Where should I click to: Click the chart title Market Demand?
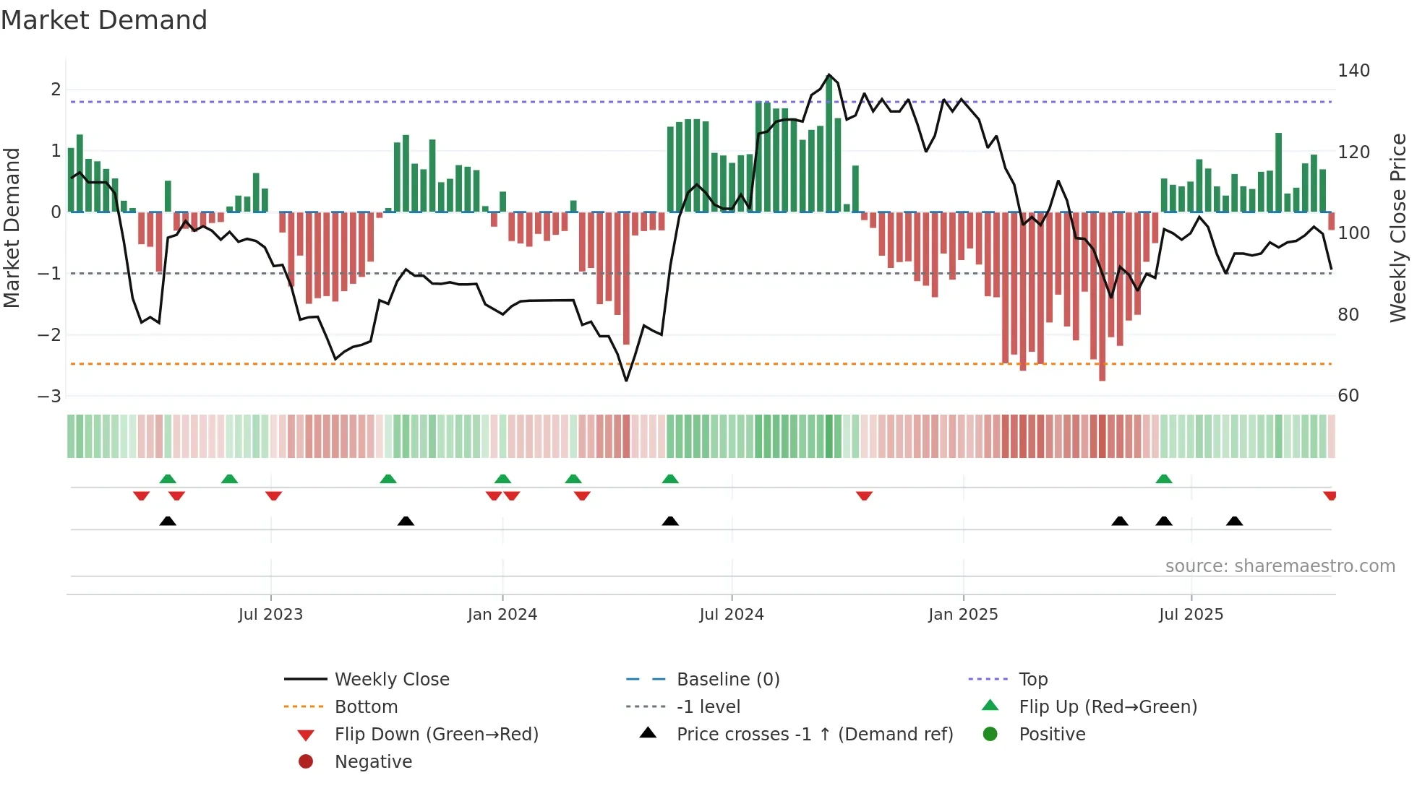pyautogui.click(x=104, y=20)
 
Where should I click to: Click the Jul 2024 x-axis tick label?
pyautogui.click(x=731, y=615)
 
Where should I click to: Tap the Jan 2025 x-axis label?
pyautogui.click(x=962, y=615)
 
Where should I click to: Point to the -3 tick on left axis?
pyautogui.click(x=50, y=397)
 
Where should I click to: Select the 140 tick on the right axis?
pyautogui.click(x=1353, y=71)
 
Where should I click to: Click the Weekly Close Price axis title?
pyautogui.click(x=1398, y=228)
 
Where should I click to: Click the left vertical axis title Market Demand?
pyautogui.click(x=12, y=228)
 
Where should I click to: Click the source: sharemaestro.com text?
pyautogui.click(x=1280, y=566)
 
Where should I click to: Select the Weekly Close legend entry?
pyautogui.click(x=391, y=680)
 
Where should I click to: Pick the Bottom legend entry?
pyautogui.click(x=366, y=707)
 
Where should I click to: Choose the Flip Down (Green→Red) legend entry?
pyautogui.click(x=436, y=735)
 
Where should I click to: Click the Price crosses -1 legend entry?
pyautogui.click(x=814, y=735)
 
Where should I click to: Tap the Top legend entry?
pyautogui.click(x=1032, y=680)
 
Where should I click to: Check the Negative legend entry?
pyautogui.click(x=373, y=762)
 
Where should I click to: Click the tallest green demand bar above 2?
pyautogui.click(x=829, y=144)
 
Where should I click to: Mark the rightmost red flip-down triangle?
pyautogui.click(x=1330, y=496)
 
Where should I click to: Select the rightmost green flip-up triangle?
pyautogui.click(x=1163, y=479)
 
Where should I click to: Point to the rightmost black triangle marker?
pyautogui.click(x=1234, y=521)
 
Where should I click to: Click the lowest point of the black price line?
pyautogui.click(x=626, y=381)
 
